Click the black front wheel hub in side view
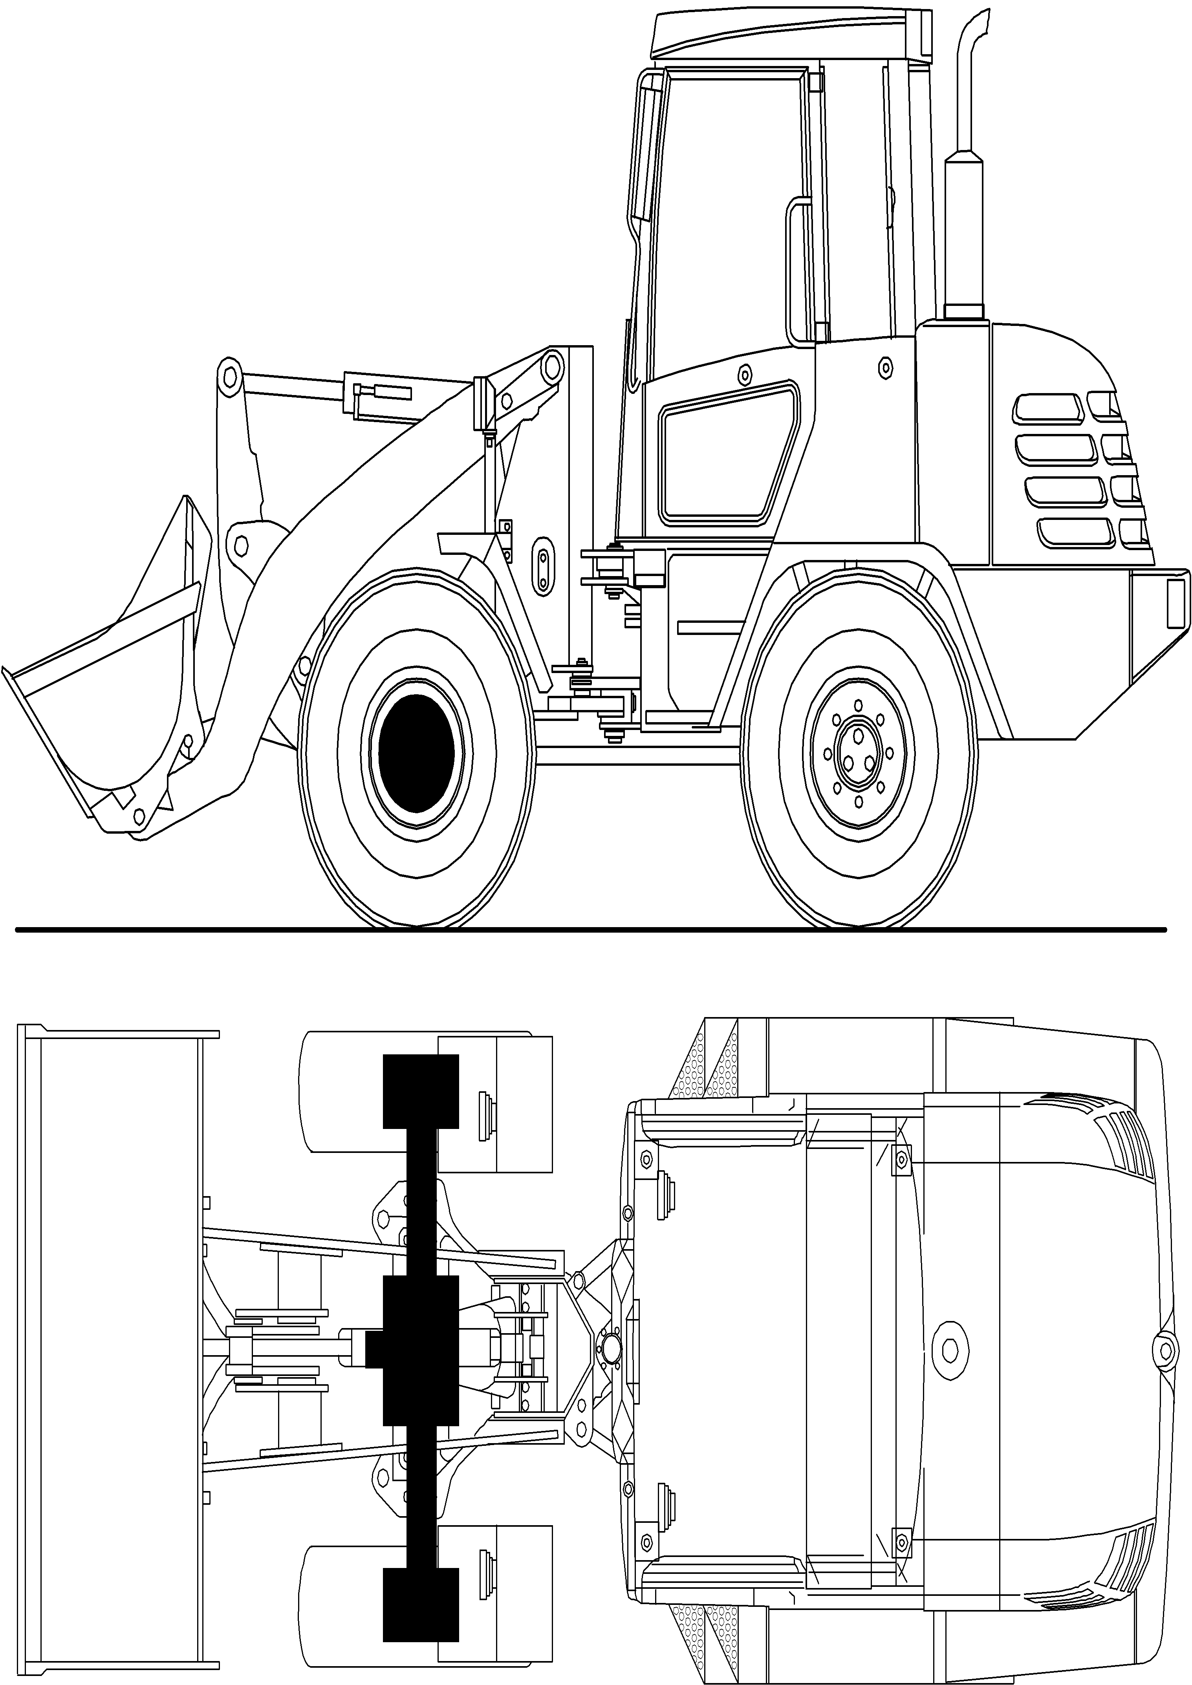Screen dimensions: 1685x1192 [416, 753]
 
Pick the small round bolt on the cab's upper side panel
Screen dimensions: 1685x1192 [745, 375]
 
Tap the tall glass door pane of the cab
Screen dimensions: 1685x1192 [727, 220]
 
